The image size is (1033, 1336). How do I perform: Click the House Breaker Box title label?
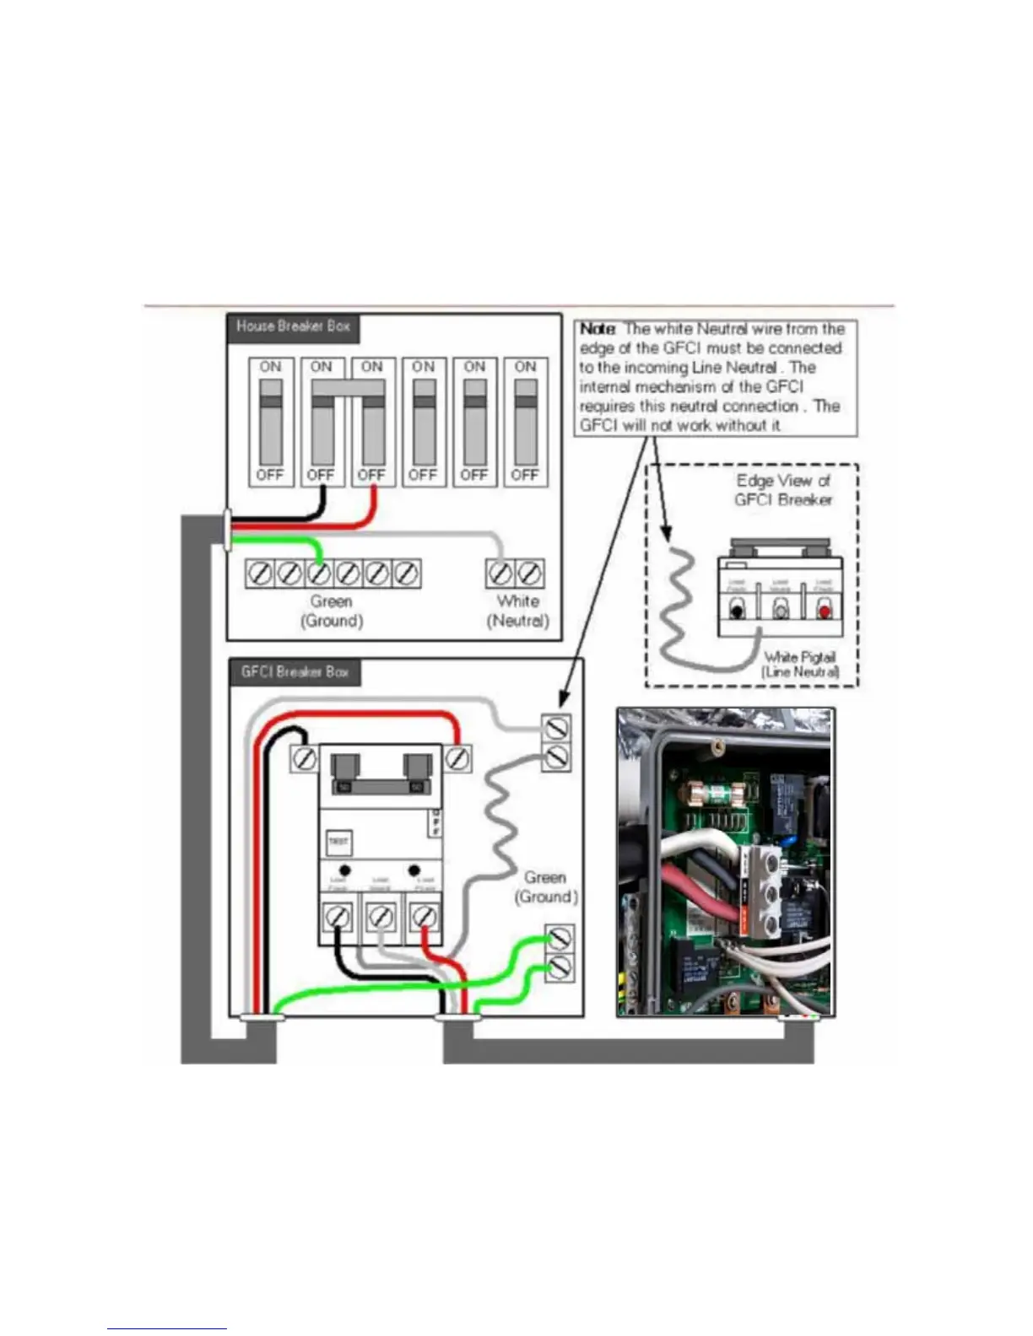click(x=293, y=326)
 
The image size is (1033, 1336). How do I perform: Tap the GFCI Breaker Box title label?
click(x=295, y=672)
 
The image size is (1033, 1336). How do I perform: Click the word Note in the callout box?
click(x=598, y=329)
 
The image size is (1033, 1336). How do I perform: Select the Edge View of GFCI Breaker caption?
click(x=782, y=490)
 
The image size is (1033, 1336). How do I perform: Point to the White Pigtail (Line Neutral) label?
click(x=800, y=664)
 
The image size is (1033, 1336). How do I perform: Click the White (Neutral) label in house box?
click(x=517, y=611)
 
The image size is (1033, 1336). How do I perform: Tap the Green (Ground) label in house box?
click(x=332, y=611)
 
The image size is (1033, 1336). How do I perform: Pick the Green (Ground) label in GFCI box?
click(x=546, y=887)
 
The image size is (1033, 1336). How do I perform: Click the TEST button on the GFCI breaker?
click(x=338, y=842)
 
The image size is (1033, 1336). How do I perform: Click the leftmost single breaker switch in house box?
click(x=271, y=422)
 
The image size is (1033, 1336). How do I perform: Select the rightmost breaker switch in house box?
click(x=526, y=422)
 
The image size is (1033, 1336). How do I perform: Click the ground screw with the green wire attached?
click(x=318, y=574)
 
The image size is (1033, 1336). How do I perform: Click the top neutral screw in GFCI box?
click(x=556, y=727)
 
